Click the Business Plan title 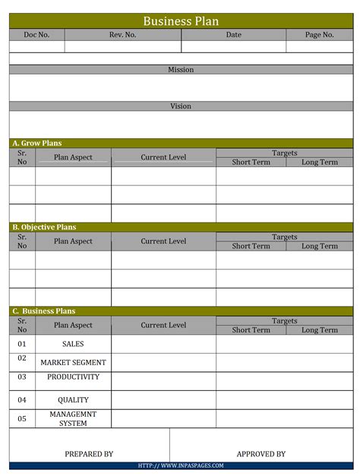coord(181,21)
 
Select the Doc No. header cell coord(36,35)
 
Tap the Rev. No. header coord(123,35)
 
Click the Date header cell coord(234,35)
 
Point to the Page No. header coord(319,35)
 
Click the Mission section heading coord(181,70)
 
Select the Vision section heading coord(181,106)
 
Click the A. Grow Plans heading coord(37,143)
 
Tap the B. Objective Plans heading coord(44,227)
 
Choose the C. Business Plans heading coord(43,311)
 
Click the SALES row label coord(73,344)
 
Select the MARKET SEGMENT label coord(73,363)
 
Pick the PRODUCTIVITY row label coord(73,377)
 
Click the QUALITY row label coord(73,399)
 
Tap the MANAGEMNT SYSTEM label coord(73,418)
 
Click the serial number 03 coord(22,377)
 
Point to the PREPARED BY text coord(89,454)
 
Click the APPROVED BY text coord(261,454)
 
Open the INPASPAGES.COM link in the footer coord(180,465)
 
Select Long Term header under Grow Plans coord(319,162)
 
